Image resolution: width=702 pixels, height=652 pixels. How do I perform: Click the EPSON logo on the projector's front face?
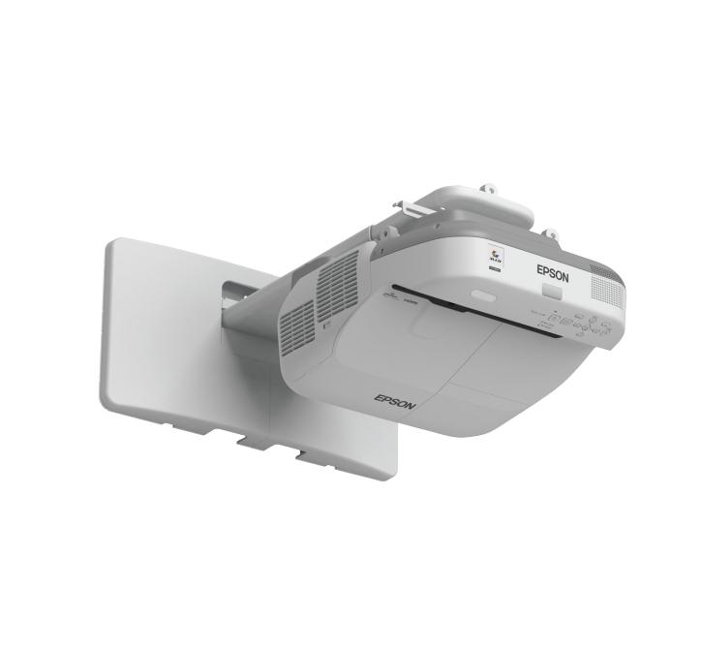click(553, 272)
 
